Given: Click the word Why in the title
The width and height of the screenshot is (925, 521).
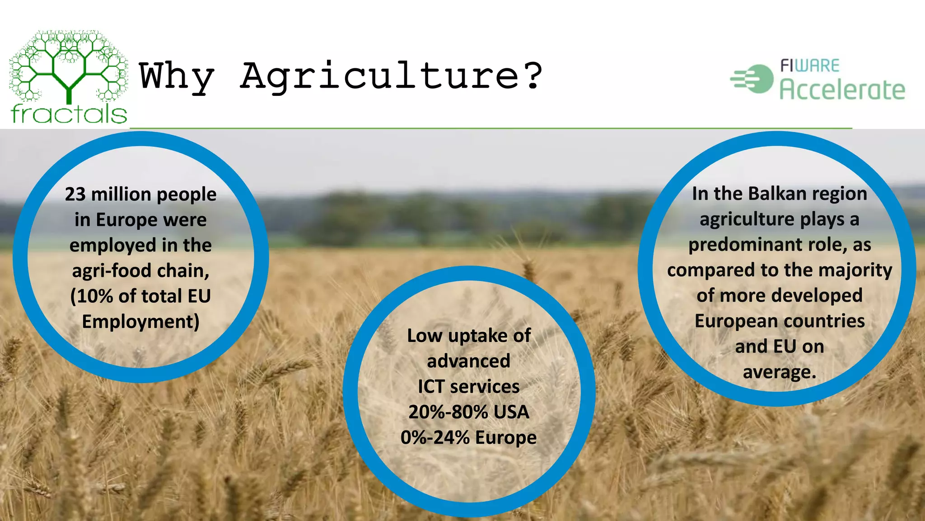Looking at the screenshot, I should [x=176, y=77].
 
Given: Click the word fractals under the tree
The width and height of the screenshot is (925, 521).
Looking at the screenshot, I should [x=69, y=114].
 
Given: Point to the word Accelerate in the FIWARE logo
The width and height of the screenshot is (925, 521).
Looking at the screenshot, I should [x=842, y=90].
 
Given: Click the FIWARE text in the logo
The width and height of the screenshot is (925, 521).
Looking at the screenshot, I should [x=809, y=66].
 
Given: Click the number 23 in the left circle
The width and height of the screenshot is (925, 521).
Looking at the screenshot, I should [x=75, y=194].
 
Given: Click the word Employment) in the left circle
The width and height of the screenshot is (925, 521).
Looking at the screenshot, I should [x=140, y=322].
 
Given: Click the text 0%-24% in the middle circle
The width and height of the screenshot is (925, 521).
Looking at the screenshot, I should [x=435, y=438].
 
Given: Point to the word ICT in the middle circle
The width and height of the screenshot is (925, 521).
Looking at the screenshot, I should [x=431, y=387].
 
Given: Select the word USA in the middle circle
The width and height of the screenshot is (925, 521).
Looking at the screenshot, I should [x=511, y=412].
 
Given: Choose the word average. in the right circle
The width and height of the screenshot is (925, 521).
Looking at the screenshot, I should [x=780, y=372].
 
